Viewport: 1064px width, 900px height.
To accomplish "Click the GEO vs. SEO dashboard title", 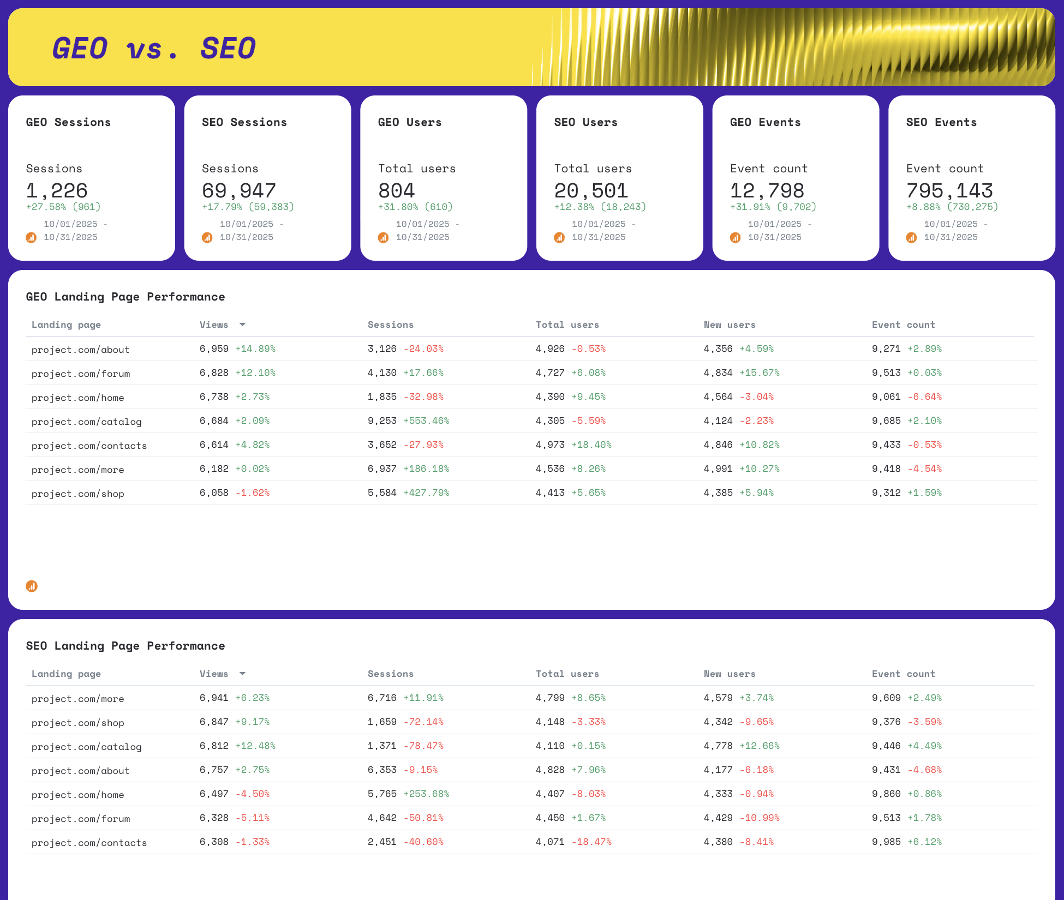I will point(154,48).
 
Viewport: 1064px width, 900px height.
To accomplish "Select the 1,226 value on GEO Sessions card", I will point(57,190).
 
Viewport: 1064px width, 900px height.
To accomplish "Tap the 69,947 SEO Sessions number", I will point(239,190).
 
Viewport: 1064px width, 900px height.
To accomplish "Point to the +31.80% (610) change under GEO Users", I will point(415,207).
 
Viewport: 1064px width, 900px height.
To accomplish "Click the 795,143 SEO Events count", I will point(949,190).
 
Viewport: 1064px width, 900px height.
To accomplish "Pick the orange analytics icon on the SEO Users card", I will point(559,237).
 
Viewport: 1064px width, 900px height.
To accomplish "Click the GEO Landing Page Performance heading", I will point(125,297).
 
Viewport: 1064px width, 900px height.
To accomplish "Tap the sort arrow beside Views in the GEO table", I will point(242,325).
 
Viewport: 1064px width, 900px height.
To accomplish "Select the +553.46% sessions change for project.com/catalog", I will point(426,421).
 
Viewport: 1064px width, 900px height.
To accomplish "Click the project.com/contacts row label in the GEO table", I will point(89,446).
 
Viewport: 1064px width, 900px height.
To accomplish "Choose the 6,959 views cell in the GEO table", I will point(214,349).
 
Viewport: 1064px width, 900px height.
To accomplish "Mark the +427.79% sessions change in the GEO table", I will point(426,493).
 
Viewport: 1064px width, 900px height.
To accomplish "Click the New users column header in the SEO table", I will point(730,674).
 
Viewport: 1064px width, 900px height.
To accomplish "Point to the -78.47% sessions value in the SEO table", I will point(423,746).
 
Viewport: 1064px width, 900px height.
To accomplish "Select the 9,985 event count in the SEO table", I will point(886,842).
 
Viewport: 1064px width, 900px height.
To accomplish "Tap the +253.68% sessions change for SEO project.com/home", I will point(426,794).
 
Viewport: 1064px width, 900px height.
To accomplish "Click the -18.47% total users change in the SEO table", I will point(591,842).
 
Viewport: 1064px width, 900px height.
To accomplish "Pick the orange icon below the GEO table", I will point(32,586).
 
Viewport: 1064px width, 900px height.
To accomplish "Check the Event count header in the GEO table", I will point(903,325).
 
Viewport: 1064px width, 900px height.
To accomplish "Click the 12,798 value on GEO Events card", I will point(767,190).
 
